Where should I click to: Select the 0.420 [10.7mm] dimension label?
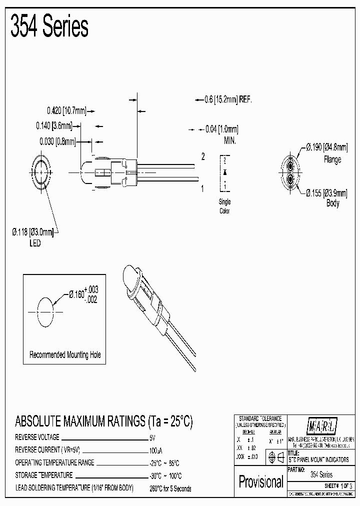click(x=66, y=110)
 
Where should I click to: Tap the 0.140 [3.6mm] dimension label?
click(x=54, y=126)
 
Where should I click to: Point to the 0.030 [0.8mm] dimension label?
click(x=57, y=142)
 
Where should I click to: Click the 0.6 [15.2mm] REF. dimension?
click(x=228, y=99)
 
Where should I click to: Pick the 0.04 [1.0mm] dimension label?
click(x=222, y=129)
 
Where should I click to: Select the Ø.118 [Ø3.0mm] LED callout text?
click(x=33, y=231)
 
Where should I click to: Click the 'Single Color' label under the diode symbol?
click(x=225, y=206)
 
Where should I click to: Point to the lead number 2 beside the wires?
click(x=203, y=157)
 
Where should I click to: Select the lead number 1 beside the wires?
click(x=202, y=188)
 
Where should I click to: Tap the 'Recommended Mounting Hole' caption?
click(x=65, y=354)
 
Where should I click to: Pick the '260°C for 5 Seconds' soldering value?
click(x=170, y=488)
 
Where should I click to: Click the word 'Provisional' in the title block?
click(x=260, y=481)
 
